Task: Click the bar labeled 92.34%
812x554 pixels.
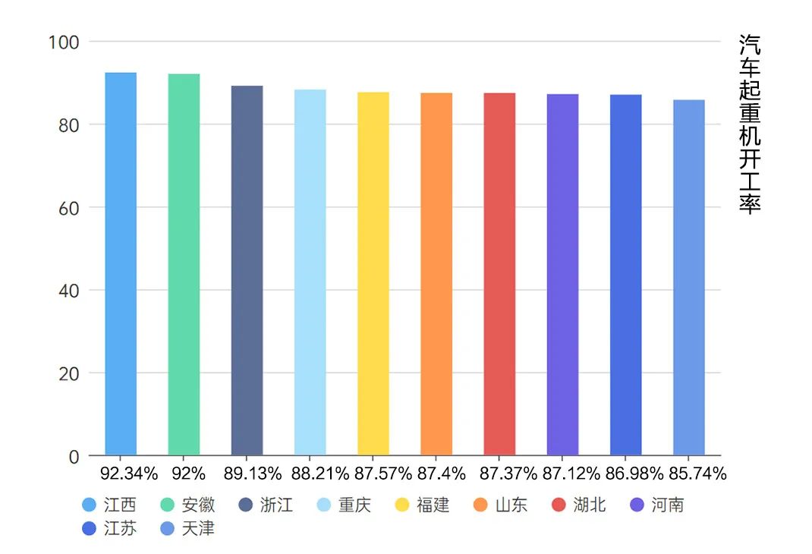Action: click(x=121, y=264)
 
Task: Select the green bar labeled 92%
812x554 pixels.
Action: click(x=184, y=265)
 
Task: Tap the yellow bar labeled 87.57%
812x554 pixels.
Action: click(x=373, y=274)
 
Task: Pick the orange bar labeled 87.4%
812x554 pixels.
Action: click(x=436, y=274)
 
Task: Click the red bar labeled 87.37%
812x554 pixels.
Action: click(x=499, y=274)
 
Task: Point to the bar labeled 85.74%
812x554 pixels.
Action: click(x=688, y=278)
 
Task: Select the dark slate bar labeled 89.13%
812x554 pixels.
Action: click(x=247, y=271)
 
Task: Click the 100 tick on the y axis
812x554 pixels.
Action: click(x=63, y=42)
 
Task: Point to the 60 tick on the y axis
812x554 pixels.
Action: click(x=68, y=207)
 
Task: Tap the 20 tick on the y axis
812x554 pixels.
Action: click(x=68, y=373)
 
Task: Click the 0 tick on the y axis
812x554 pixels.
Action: click(x=74, y=457)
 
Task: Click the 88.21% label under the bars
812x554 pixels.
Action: click(x=319, y=474)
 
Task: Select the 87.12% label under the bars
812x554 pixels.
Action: click(x=571, y=474)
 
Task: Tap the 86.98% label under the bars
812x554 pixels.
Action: click(x=634, y=474)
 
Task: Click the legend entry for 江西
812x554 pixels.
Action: click(x=110, y=505)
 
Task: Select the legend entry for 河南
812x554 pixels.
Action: click(x=657, y=505)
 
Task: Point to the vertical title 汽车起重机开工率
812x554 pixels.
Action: click(x=749, y=125)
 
